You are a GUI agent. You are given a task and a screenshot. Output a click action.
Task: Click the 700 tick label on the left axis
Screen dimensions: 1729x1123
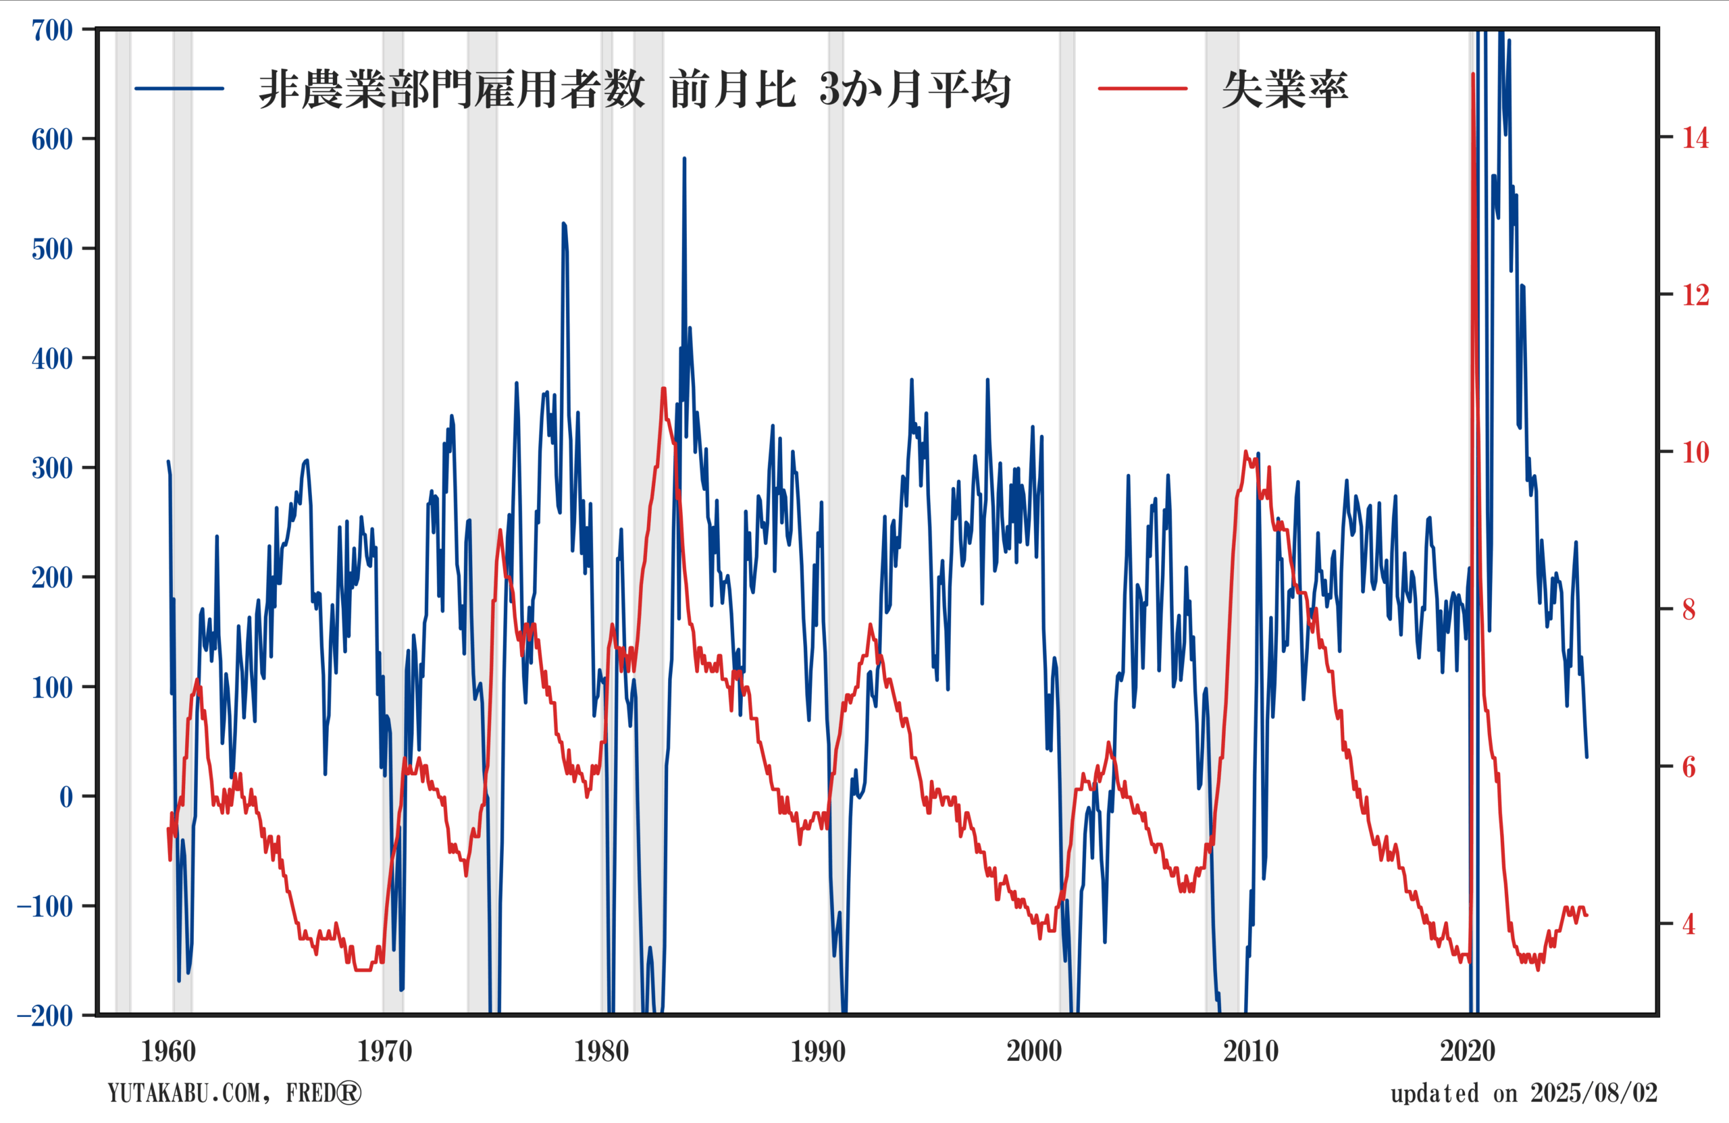click(52, 30)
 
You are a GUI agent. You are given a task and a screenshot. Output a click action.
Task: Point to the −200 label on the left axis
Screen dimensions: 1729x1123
click(46, 1016)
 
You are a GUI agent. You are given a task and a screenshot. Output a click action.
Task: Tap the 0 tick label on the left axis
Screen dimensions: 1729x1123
click(66, 797)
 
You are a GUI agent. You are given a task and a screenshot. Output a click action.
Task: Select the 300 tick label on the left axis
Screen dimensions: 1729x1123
click(52, 468)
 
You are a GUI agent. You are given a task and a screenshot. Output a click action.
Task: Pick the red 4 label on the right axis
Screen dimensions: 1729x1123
click(1689, 924)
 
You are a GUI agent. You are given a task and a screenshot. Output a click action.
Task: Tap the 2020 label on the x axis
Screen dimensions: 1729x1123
click(1468, 1051)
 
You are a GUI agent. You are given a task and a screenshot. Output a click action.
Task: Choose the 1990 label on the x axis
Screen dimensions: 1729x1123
click(818, 1051)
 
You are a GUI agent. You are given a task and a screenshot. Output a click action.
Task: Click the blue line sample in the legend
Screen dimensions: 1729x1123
click(180, 88)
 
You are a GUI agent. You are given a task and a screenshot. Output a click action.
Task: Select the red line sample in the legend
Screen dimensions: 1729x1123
click(1143, 88)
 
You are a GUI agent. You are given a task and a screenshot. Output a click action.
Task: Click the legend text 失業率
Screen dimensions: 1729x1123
click(1285, 89)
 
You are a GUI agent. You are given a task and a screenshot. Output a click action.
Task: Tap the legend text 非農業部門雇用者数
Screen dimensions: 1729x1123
click(452, 89)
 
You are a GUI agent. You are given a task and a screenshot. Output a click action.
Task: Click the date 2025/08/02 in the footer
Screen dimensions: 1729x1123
click(1594, 1093)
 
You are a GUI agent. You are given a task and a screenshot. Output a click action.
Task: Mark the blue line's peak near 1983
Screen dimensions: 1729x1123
click(684, 158)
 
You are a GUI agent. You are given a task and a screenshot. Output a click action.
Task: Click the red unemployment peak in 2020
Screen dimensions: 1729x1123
click(1472, 74)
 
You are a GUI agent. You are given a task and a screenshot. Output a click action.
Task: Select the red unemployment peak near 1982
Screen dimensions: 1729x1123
click(663, 388)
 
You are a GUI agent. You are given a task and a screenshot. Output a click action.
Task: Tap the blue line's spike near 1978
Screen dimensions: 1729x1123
click(564, 224)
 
